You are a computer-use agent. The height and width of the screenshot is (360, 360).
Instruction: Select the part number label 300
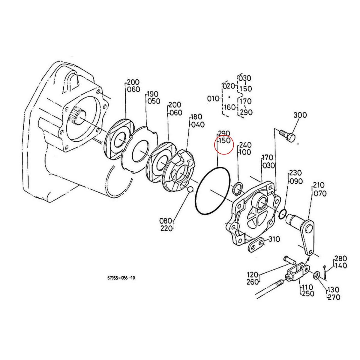300,115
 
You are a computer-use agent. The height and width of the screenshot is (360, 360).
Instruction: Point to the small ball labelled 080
190,189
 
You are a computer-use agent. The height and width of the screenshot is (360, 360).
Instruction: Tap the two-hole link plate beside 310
256,245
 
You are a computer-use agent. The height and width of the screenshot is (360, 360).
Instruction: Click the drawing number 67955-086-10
121,278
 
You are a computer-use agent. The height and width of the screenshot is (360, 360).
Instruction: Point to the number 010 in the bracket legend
213,98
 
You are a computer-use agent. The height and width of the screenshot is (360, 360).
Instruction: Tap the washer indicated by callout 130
317,275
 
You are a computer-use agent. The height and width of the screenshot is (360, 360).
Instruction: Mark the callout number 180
196,117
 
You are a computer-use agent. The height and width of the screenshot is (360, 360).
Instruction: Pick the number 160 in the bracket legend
230,107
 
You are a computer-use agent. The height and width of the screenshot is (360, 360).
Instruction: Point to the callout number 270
334,297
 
